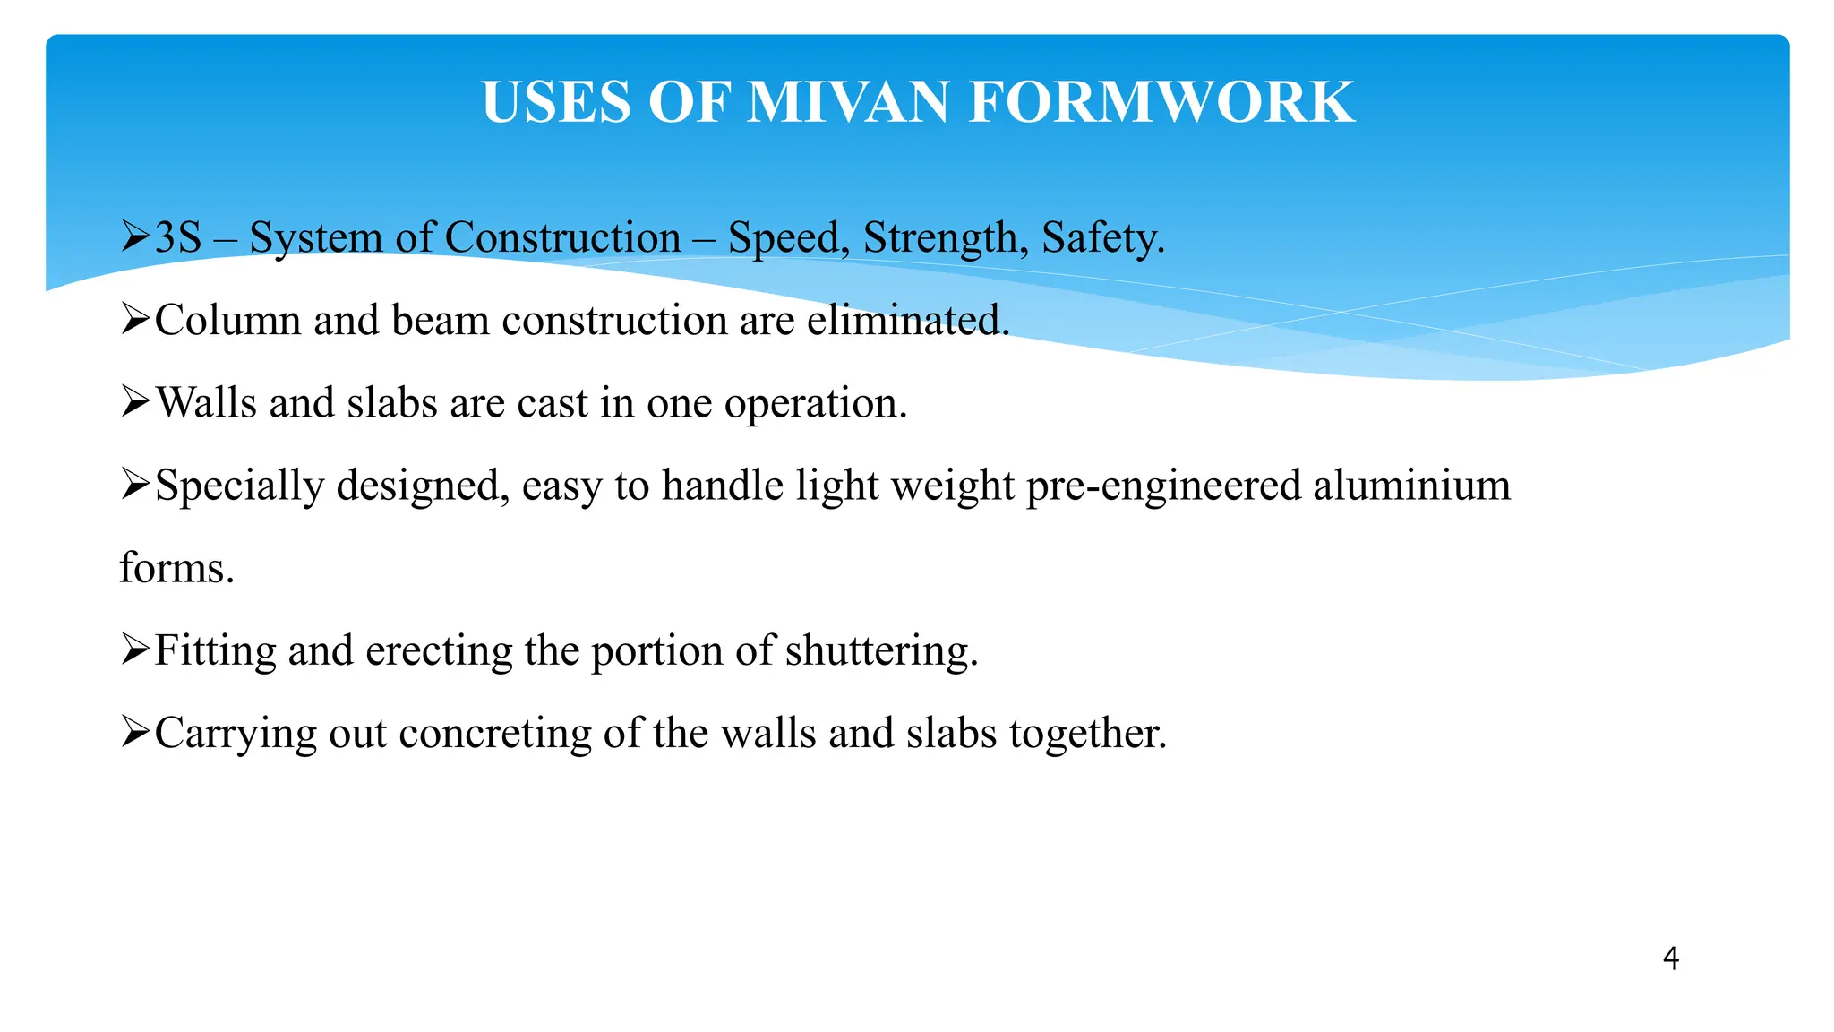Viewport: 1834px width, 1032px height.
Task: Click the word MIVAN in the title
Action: [x=846, y=102]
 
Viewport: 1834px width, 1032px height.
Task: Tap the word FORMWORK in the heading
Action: [x=1161, y=102]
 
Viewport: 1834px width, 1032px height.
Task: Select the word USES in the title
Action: [x=556, y=102]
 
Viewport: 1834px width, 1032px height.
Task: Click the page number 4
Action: [x=1670, y=959]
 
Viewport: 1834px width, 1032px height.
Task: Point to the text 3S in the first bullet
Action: [x=178, y=238]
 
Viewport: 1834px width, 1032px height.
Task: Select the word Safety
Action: [x=1103, y=238]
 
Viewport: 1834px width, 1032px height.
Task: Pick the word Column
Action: [x=227, y=321]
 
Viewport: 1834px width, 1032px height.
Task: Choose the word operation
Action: [x=816, y=404]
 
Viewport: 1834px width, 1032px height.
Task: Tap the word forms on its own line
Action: [x=176, y=568]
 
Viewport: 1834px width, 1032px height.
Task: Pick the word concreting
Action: [x=495, y=735]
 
